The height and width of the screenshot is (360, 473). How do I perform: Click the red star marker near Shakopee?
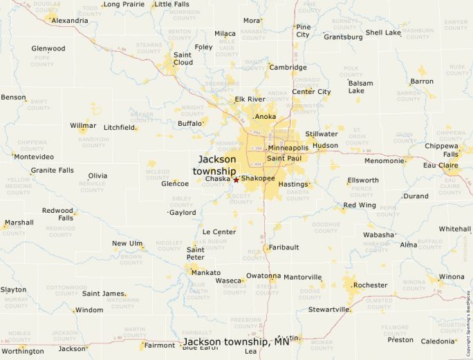pos(236,180)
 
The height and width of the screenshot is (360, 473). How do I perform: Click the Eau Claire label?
pos(440,165)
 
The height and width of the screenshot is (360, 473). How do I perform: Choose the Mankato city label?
pos(206,272)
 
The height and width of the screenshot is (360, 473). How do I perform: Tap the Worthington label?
pos(22,351)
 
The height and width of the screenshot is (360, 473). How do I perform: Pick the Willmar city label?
pos(83,126)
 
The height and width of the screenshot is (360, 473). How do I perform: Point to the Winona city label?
pos(452,277)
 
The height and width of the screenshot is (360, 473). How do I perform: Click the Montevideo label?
pos(33,157)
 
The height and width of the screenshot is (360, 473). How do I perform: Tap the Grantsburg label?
pos(343,37)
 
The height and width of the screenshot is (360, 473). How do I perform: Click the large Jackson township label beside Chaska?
pos(216,165)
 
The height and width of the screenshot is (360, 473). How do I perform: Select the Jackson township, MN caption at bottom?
pos(236,343)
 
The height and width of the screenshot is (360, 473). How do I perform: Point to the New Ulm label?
pos(127,243)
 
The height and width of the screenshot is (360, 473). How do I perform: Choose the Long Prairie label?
pos(124,4)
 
